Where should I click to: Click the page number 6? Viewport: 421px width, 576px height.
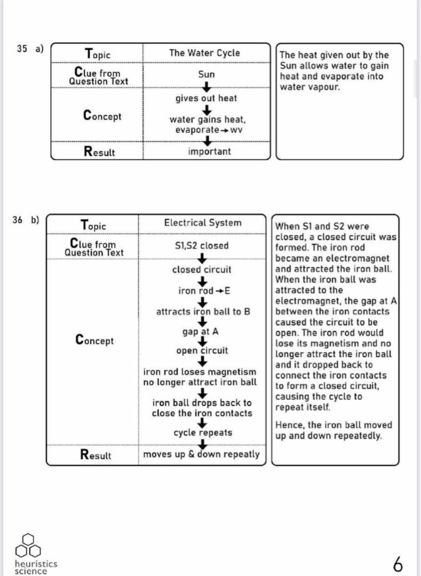(398, 563)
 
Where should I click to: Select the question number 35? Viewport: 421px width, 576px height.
(22, 49)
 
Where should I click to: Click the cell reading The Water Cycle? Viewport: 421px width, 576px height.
(204, 53)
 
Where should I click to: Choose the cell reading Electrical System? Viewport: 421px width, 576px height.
(202, 223)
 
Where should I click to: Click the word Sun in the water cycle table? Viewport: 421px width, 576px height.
(206, 75)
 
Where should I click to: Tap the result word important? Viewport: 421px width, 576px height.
(209, 151)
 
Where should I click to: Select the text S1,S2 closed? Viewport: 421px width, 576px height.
(202, 246)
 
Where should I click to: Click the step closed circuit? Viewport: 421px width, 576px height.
(202, 270)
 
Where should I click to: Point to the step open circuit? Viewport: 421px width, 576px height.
(202, 350)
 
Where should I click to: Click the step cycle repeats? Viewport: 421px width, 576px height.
(203, 433)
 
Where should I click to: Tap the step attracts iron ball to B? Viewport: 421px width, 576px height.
(203, 311)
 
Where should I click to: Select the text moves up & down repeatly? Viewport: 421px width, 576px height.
(202, 454)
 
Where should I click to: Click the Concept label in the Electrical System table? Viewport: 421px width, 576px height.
(94, 340)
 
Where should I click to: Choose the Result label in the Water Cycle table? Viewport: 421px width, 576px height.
(99, 151)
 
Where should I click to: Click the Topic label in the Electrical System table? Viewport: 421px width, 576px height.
(93, 225)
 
